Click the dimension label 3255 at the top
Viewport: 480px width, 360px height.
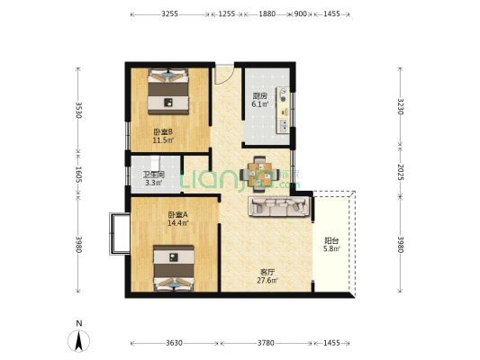pyautogui.click(x=170, y=13)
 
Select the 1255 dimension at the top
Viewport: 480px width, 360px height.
pyautogui.click(x=227, y=13)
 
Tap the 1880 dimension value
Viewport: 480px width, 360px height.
pyautogui.click(x=267, y=13)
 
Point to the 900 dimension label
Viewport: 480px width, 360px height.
pyautogui.click(x=300, y=13)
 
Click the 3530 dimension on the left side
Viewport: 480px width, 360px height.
pyautogui.click(x=78, y=110)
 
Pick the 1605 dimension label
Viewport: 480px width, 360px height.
pyautogui.click(x=78, y=175)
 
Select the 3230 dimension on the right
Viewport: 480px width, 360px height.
pyautogui.click(x=401, y=106)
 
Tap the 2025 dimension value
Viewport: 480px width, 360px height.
pyautogui.click(x=401, y=172)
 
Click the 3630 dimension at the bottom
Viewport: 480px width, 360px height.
pyautogui.click(x=174, y=343)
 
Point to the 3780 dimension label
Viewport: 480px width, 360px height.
pyautogui.click(x=266, y=343)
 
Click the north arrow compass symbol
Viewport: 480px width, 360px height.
pyautogui.click(x=78, y=341)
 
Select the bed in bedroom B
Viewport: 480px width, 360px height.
pyautogui.click(x=168, y=92)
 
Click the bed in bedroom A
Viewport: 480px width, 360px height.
pyautogui.click(x=174, y=268)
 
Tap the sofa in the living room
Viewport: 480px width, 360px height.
pyautogui.click(x=279, y=206)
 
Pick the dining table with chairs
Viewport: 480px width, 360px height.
pyautogui.click(x=259, y=175)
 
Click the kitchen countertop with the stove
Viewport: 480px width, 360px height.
pyautogui.click(x=283, y=110)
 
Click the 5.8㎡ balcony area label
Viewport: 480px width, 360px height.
pyautogui.click(x=331, y=249)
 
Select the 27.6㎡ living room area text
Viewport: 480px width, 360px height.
pyautogui.click(x=267, y=281)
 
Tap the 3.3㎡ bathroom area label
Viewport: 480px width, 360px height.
pyautogui.click(x=154, y=183)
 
